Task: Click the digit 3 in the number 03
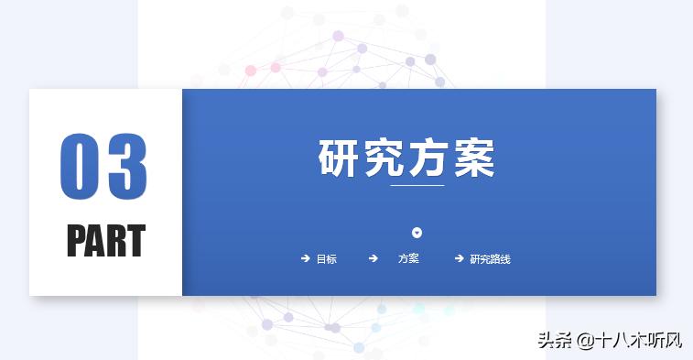126,167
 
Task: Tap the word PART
105,241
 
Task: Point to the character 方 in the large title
428,158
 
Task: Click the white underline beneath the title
417,185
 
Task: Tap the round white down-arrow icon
417,233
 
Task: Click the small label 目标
327,259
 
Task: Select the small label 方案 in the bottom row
408,259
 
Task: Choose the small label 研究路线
490,259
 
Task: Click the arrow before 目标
305,259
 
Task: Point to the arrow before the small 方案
373,259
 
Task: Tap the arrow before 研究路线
459,259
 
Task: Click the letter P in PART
76,241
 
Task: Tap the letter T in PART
135,241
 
